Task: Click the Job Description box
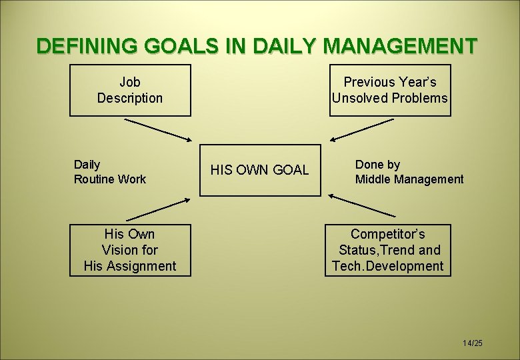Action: pos(130,90)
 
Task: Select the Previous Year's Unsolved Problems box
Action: pos(390,90)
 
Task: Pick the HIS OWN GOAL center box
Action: pos(260,170)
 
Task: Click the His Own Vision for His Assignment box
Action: pos(130,250)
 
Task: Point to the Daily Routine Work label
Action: pos(109,171)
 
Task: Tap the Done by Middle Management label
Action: pos(409,171)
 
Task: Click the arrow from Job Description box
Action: pos(158,130)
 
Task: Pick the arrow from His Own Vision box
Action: pos(158,207)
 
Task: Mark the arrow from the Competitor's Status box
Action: pos(363,206)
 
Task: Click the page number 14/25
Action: pos(472,343)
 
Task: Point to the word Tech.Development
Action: pos(387,266)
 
